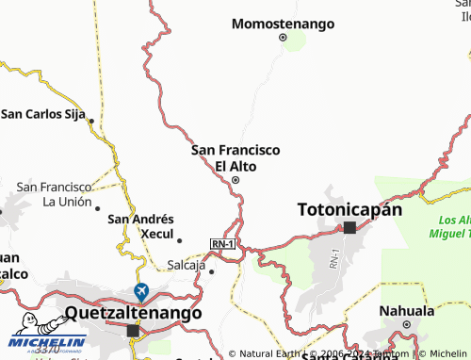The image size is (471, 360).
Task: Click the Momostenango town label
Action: point(283,21)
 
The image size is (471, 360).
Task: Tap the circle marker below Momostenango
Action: point(283,38)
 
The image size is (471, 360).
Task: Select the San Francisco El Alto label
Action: point(235,157)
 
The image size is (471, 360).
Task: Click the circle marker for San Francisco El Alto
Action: point(235,181)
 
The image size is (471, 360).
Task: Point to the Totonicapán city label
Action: point(349,209)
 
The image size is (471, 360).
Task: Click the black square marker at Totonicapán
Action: point(349,227)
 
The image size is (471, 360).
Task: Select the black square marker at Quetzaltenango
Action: point(133,331)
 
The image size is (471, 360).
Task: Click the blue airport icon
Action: point(141,290)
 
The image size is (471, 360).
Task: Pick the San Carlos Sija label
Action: point(43,114)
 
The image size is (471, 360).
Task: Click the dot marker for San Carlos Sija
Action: point(90,121)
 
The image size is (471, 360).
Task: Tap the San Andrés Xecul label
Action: point(141,225)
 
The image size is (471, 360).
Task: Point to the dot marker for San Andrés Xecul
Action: point(179,240)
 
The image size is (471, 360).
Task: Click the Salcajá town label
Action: point(186,265)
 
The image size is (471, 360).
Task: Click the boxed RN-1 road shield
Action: point(222,244)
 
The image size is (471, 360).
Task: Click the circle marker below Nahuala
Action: point(406,325)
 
